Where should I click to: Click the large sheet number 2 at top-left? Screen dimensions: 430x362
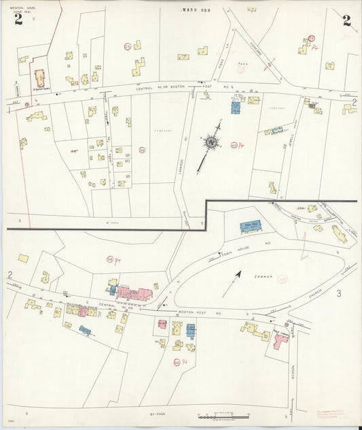18,19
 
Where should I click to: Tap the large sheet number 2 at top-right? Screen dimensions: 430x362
347,20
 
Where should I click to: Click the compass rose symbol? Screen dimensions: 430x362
211,142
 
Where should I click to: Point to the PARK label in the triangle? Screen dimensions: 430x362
240,68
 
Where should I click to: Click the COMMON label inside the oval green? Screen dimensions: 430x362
261,278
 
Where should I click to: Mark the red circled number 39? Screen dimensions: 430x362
142,150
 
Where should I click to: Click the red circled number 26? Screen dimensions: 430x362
109,259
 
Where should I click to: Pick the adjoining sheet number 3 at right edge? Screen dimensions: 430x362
338,293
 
